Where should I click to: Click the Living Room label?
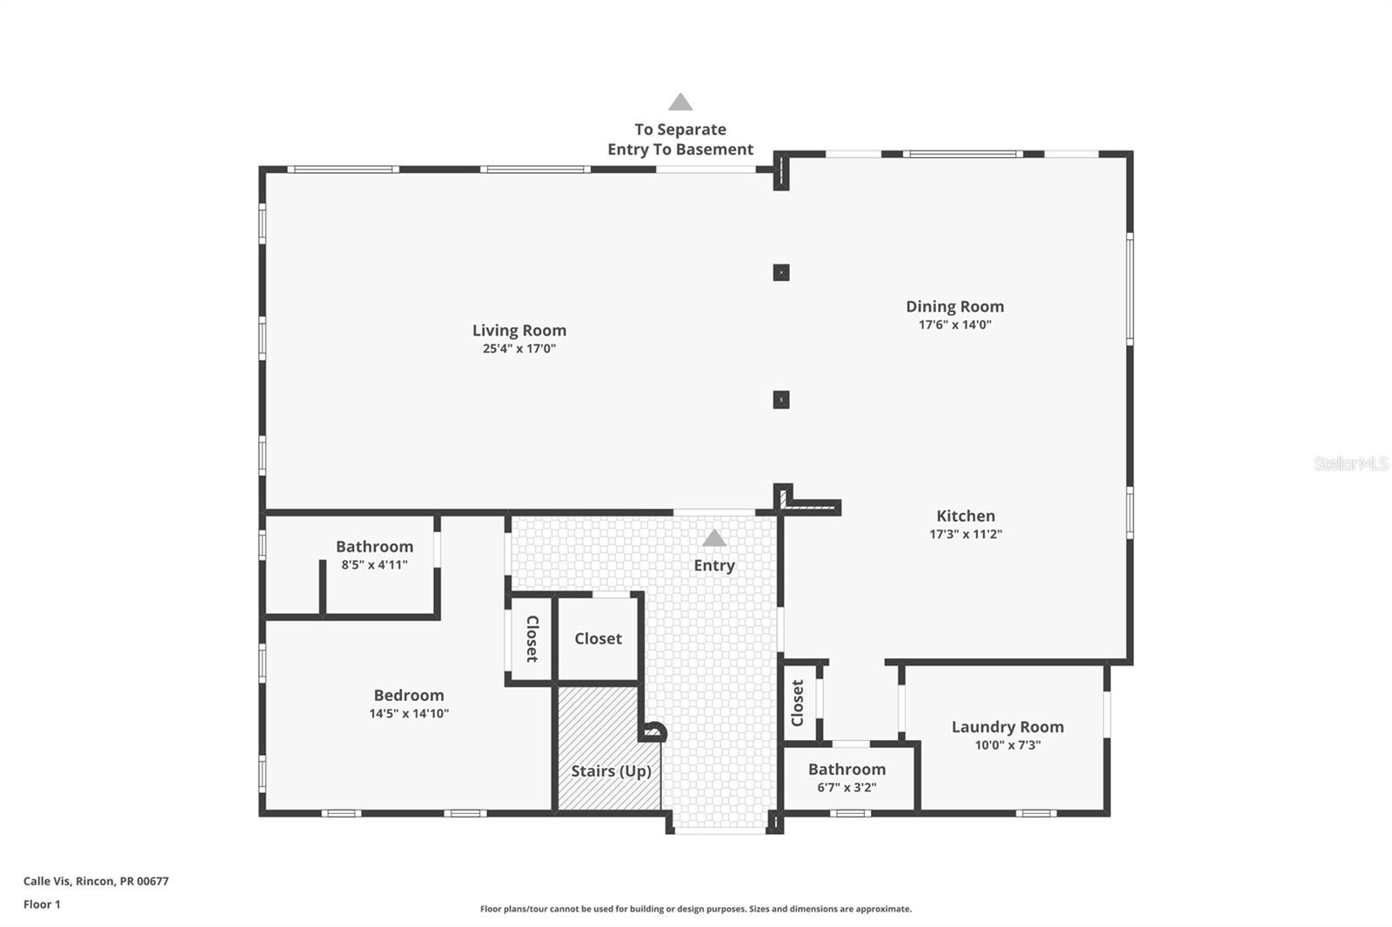click(x=519, y=330)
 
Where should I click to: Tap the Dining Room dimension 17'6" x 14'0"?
click(x=954, y=325)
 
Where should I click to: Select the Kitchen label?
click(x=965, y=516)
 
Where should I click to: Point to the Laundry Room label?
click(x=1007, y=727)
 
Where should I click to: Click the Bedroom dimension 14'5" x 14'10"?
click(x=408, y=714)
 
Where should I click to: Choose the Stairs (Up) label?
click(x=611, y=771)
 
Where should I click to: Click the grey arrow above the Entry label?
click(x=713, y=538)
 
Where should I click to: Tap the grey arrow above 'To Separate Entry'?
click(x=680, y=103)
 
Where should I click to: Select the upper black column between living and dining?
click(x=781, y=273)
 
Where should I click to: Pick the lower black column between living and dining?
click(x=781, y=400)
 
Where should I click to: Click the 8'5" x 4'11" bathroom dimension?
click(x=374, y=565)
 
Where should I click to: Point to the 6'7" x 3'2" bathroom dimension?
click(x=846, y=788)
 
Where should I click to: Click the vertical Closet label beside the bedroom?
click(x=532, y=639)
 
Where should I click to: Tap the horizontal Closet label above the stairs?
click(x=598, y=638)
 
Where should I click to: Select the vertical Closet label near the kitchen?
click(x=797, y=703)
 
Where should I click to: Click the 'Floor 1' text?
click(x=42, y=904)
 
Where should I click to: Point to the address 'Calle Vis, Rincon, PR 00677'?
click(x=96, y=881)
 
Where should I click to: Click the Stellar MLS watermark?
click(x=1350, y=463)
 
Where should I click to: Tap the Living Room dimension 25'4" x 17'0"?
click(x=519, y=349)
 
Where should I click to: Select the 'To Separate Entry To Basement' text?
click(x=680, y=139)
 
